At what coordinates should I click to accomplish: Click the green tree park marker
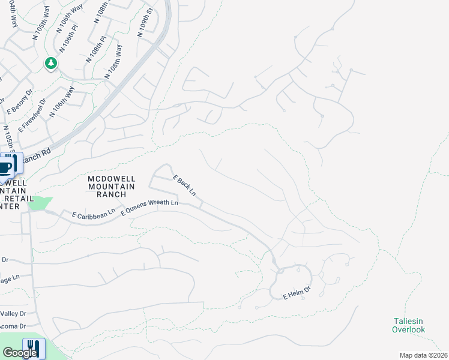click(x=51, y=63)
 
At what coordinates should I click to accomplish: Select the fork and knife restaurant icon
click(x=33, y=348)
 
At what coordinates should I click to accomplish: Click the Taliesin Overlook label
click(x=408, y=325)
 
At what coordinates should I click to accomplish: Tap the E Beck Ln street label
click(x=185, y=186)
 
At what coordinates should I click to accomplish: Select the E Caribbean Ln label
click(x=93, y=214)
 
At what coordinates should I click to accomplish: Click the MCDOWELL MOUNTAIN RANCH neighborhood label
click(x=111, y=186)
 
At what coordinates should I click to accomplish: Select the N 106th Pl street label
click(x=70, y=38)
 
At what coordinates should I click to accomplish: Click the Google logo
click(x=20, y=353)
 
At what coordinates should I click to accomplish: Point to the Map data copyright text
click(x=424, y=355)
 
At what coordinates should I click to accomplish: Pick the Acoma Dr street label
click(x=13, y=326)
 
